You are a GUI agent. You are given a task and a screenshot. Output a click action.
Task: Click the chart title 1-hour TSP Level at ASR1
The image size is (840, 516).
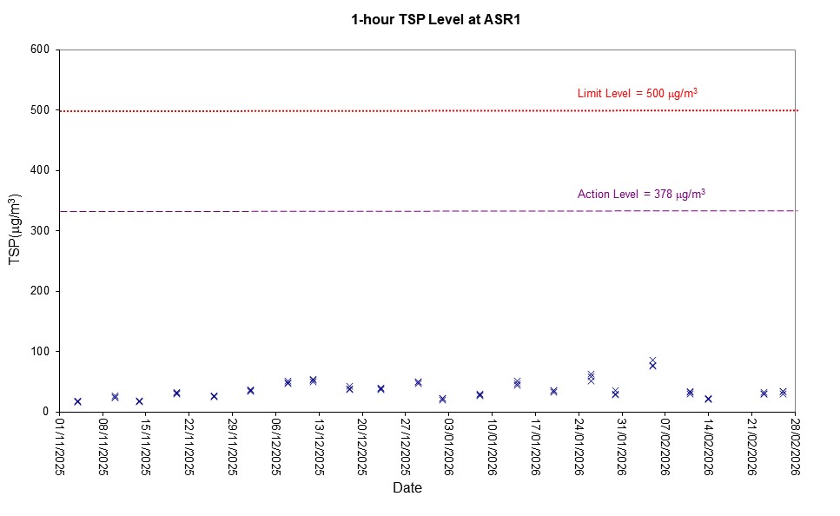423,19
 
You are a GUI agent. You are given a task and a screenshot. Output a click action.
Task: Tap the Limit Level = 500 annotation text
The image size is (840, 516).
638,93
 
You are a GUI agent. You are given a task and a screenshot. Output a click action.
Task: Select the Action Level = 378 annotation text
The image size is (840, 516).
641,194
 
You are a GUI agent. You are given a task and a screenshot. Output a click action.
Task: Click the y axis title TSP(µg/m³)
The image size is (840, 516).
15,230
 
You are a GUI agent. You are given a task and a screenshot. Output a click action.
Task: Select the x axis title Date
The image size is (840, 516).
407,488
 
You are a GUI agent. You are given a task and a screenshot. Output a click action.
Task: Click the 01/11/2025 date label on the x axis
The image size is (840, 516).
60,446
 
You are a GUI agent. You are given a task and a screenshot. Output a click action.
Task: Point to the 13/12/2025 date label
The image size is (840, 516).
319,446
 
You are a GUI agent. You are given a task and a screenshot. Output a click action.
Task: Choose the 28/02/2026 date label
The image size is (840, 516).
794,446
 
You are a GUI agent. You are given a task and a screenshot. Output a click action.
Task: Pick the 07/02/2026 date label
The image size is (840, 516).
665,446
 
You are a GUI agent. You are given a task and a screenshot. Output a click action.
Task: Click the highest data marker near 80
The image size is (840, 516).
652,361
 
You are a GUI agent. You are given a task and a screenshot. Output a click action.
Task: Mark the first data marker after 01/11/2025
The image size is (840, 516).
77,401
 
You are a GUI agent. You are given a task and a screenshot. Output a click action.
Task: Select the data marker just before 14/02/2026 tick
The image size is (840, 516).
690,393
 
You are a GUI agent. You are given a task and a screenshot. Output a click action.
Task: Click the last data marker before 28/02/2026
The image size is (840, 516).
783,393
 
